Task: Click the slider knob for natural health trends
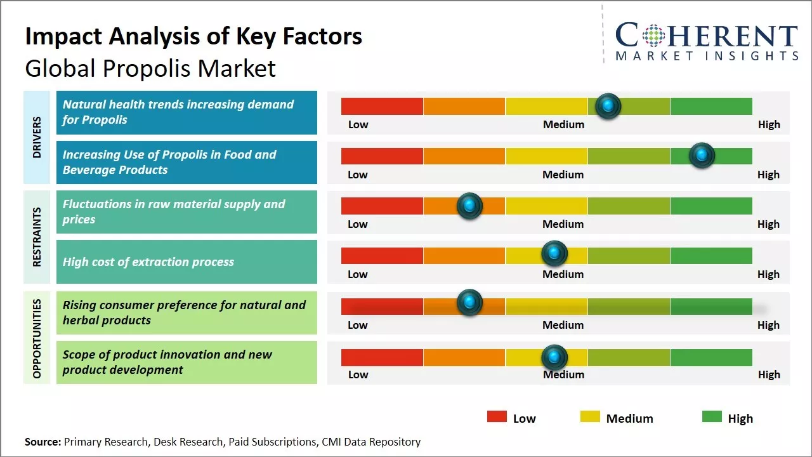point(608,106)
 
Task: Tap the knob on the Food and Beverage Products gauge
point(702,156)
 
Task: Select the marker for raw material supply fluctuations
point(469,206)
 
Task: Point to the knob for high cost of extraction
point(554,254)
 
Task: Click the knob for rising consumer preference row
point(469,302)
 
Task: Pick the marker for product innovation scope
point(554,357)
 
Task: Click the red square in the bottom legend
point(497,417)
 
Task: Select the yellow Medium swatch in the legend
point(590,417)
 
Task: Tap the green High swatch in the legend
point(712,417)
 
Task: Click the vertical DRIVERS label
point(36,136)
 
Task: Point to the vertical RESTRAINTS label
point(36,237)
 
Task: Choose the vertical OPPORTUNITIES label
point(36,338)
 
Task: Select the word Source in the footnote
point(43,442)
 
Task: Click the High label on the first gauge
point(768,124)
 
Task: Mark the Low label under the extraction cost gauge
point(358,274)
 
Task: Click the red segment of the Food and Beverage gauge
point(382,156)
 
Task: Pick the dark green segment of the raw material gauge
point(710,206)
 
